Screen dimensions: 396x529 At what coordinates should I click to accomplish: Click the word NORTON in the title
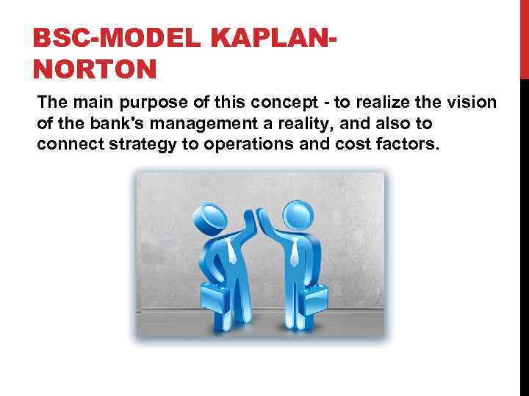[95, 70]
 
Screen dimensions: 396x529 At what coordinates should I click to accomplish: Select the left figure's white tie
[232, 252]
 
